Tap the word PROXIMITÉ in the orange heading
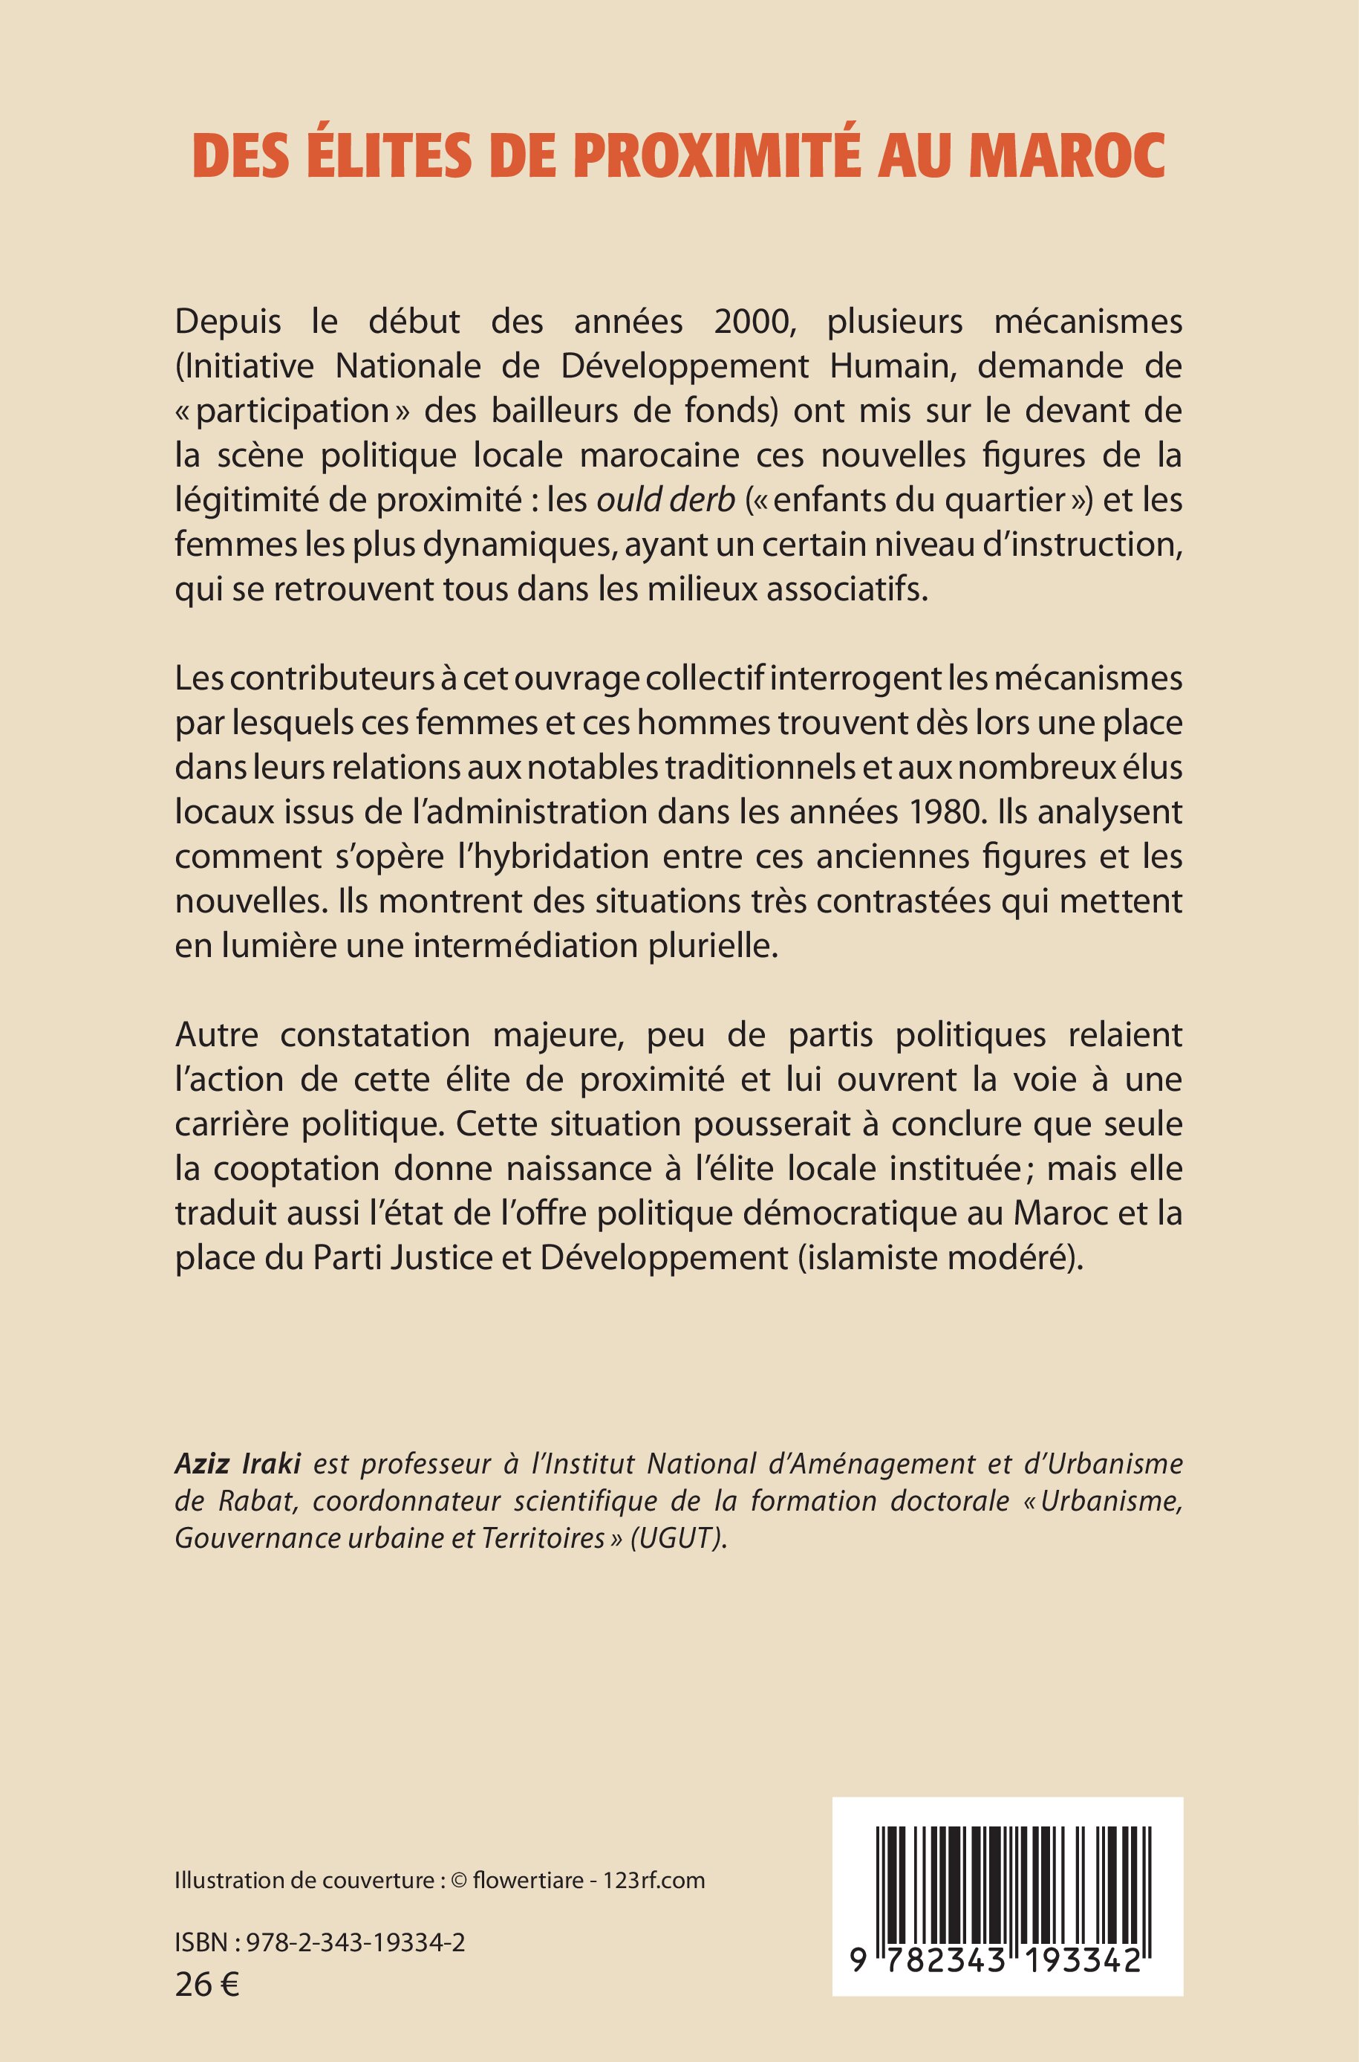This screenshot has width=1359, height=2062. (x=716, y=156)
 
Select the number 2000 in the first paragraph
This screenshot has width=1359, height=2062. (x=753, y=322)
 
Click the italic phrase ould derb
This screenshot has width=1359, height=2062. (x=665, y=500)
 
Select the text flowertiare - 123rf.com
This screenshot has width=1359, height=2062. (x=590, y=1880)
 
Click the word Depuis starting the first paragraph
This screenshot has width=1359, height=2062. (x=228, y=322)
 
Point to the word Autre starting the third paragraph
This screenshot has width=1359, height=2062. (x=217, y=1035)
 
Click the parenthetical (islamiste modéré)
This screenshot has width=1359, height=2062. (x=940, y=1258)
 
